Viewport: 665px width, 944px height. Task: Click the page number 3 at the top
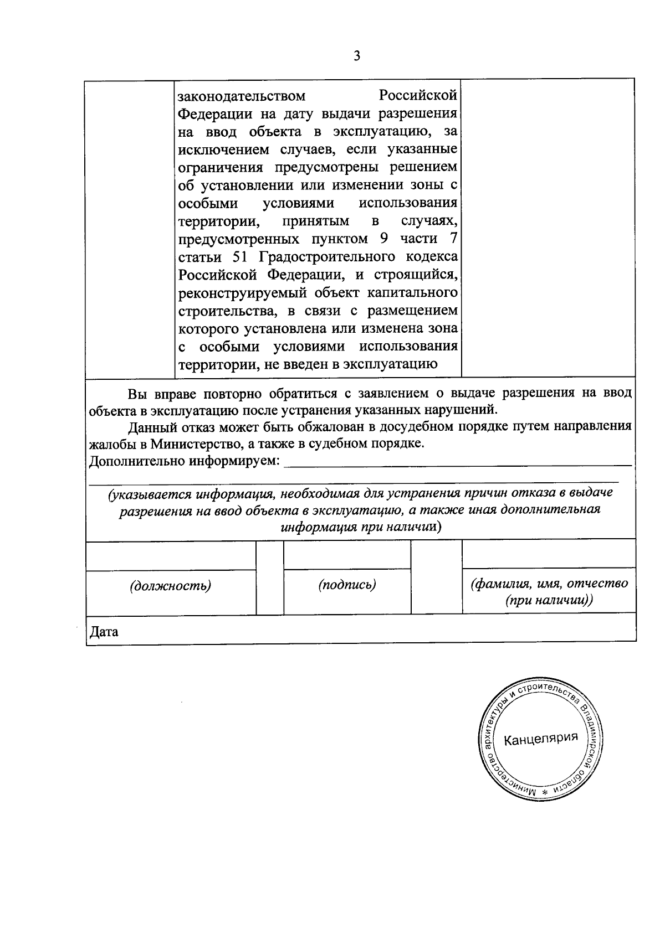[x=357, y=56]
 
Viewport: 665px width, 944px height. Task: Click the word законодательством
[x=241, y=96]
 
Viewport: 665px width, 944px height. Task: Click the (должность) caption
[x=171, y=585]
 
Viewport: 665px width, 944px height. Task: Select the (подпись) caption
[x=347, y=584]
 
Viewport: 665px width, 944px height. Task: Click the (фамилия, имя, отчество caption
[x=549, y=584]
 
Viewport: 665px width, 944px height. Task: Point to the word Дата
[x=104, y=632]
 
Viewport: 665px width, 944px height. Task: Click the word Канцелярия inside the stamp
[x=541, y=738]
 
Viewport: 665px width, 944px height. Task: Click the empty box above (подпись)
[x=347, y=555]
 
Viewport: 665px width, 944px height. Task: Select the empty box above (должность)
[x=171, y=555]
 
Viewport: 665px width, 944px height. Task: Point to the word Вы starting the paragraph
[x=136, y=394]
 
